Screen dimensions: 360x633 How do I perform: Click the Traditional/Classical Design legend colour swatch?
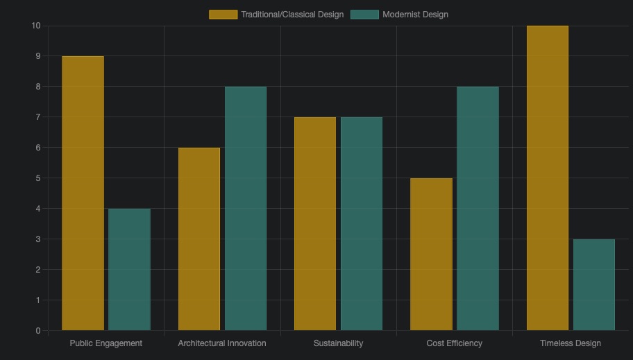[x=223, y=15]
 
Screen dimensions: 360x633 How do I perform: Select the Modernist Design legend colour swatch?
[x=364, y=15]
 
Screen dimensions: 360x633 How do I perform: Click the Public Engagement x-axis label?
[x=106, y=343]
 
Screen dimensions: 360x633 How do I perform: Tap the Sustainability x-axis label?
[x=338, y=343]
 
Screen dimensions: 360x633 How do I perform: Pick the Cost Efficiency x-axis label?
[x=455, y=343]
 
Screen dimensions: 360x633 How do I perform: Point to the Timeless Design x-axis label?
[x=571, y=343]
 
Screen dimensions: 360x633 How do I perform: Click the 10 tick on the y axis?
[x=36, y=26]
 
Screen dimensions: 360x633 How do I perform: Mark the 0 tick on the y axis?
[x=38, y=331]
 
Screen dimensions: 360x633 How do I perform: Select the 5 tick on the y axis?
[x=38, y=178]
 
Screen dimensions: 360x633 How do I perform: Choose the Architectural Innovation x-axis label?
[x=222, y=343]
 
